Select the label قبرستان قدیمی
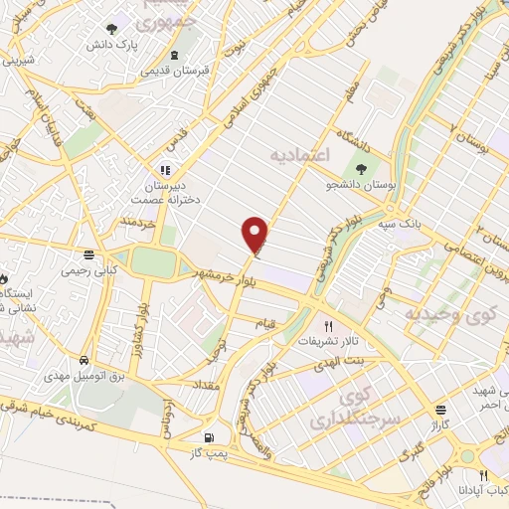[x=174, y=71]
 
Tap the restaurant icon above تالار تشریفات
[x=329, y=324]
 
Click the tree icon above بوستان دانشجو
[x=359, y=167]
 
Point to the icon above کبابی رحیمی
[x=90, y=254]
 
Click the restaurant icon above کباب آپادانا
[x=483, y=476]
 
